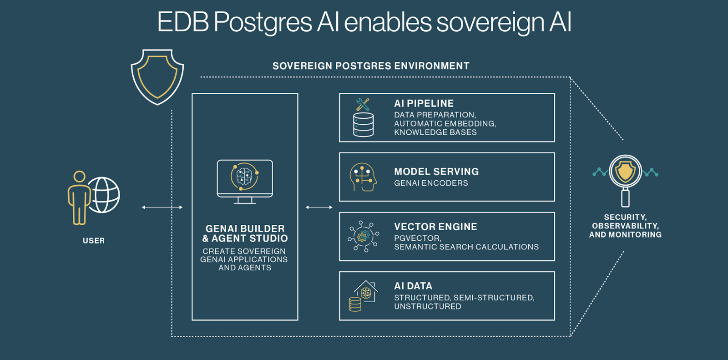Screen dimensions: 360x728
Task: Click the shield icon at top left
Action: pos(157,76)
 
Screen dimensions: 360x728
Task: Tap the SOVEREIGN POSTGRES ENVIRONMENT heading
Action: pos(371,66)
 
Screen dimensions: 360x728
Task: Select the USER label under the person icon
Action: pos(94,241)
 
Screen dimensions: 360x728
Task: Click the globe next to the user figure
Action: pos(104,195)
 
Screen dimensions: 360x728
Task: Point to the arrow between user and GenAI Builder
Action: pos(162,208)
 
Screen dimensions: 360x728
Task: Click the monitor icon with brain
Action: pos(245,180)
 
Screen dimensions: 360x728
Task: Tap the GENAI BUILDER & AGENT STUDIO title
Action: pos(245,233)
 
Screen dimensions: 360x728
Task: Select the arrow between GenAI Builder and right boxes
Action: pos(319,208)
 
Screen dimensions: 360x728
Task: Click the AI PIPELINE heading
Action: pos(424,104)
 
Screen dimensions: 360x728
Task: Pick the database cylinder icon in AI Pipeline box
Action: pos(364,125)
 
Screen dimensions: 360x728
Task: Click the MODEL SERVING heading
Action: pos(436,172)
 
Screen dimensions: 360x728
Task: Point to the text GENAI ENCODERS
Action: pos(431,183)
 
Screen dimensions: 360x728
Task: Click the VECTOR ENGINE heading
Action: pos(435,227)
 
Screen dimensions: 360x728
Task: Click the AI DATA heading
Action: pos(413,286)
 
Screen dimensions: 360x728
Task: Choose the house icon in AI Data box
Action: pos(367,291)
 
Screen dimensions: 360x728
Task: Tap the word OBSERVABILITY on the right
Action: pos(625,226)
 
